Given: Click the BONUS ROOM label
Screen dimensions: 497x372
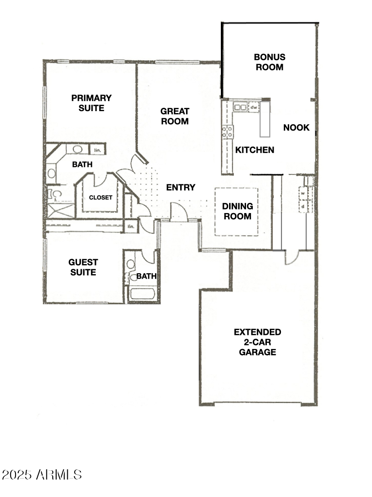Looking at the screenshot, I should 269,62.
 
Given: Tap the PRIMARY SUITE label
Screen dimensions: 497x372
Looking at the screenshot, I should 92,103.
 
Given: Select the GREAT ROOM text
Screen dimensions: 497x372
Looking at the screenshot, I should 175,116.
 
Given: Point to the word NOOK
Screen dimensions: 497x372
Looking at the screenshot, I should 296,128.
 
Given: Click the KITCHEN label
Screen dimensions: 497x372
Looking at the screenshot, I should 255,150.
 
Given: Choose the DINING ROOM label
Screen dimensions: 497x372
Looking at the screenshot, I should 237,211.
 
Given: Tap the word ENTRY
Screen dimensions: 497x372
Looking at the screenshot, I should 181,187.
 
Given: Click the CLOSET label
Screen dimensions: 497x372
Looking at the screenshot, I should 101,198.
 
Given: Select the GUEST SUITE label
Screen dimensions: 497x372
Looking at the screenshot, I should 83,267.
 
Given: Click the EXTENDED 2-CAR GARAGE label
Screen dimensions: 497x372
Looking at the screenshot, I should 257,342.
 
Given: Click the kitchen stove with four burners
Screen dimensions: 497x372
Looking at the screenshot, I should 227,131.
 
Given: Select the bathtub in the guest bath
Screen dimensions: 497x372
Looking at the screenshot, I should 142,295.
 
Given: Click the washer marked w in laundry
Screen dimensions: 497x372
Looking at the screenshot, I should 303,193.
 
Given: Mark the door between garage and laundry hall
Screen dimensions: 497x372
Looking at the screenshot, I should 292,257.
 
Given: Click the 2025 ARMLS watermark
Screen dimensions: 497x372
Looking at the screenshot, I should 42,474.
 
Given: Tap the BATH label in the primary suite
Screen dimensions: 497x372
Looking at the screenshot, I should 82,165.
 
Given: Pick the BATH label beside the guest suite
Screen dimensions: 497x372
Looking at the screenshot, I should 146,276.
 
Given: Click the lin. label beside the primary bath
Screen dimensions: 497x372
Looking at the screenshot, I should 97,150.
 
